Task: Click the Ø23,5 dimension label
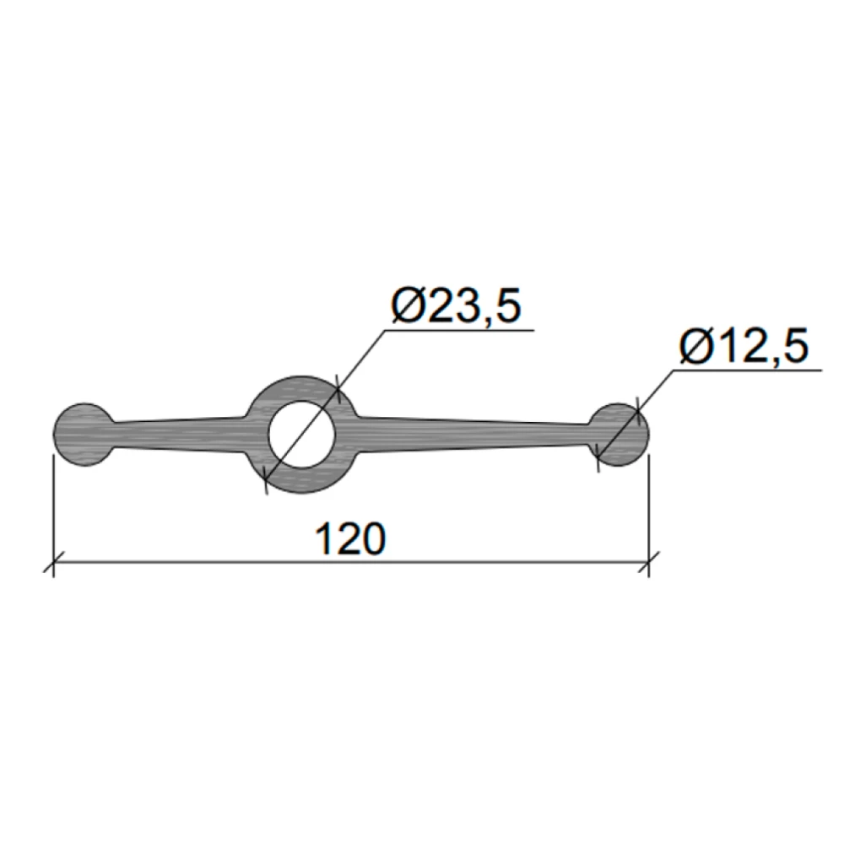457,306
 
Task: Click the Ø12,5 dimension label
744,347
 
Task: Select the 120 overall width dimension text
350,538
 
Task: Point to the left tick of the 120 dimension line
53,563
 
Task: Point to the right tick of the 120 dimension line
648,563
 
